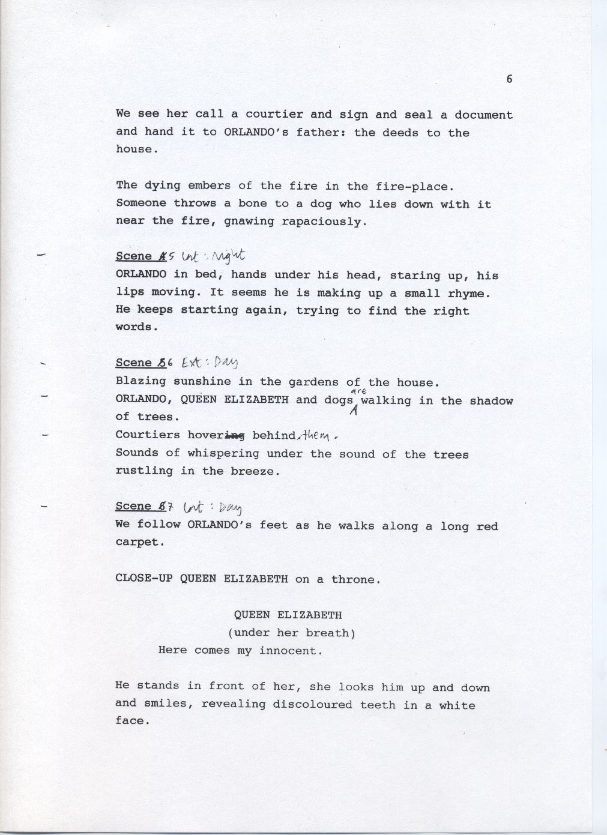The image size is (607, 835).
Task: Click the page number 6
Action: pyautogui.click(x=509, y=79)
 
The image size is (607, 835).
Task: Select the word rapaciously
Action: pyautogui.click(x=324, y=222)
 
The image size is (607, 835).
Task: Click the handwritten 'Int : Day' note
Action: pyautogui.click(x=213, y=507)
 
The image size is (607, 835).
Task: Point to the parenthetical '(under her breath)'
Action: pyautogui.click(x=291, y=632)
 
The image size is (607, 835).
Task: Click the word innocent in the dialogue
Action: pyautogui.click(x=291, y=650)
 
